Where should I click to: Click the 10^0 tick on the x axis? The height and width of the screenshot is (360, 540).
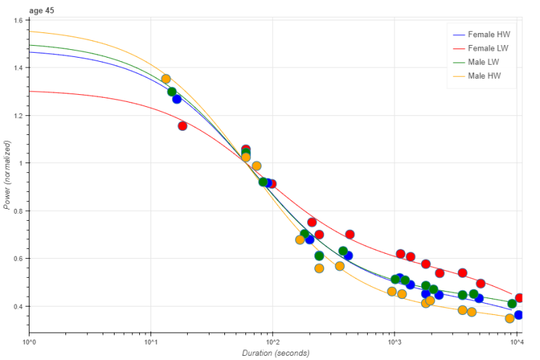(x=30, y=342)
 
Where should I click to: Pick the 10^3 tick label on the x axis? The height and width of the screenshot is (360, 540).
(x=394, y=342)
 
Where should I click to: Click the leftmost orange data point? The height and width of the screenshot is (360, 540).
(x=166, y=79)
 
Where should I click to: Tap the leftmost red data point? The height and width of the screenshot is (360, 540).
(x=182, y=126)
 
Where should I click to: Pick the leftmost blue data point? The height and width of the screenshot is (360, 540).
(x=177, y=99)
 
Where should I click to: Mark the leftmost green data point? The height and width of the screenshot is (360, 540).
(x=172, y=91)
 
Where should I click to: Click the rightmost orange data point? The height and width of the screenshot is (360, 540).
(x=510, y=319)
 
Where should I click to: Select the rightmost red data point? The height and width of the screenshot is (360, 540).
(x=520, y=298)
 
